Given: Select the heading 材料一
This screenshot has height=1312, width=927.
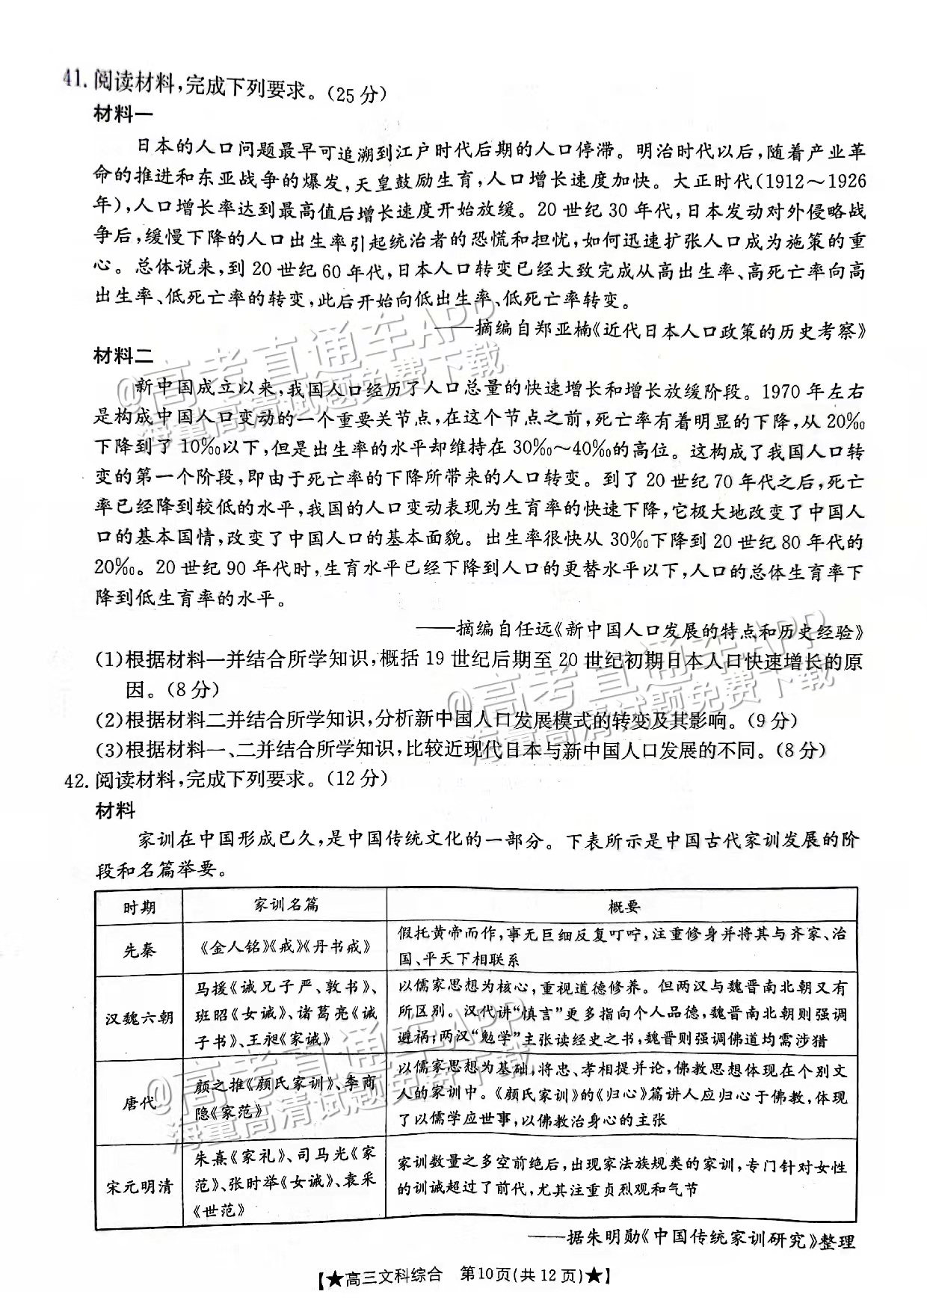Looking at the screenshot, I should (x=123, y=114).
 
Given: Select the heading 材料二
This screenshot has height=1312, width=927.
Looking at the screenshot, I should (x=123, y=356).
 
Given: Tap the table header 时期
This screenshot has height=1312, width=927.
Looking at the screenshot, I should (x=139, y=908).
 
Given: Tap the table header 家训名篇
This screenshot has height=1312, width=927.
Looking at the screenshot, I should (x=286, y=905).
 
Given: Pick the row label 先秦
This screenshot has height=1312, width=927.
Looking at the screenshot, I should (x=139, y=950).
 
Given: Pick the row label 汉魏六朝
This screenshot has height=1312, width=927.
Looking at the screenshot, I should (x=139, y=1017).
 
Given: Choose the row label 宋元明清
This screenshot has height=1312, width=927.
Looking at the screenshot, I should (x=139, y=1186).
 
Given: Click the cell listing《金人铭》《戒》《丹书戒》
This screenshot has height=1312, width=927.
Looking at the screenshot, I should (x=286, y=947).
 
